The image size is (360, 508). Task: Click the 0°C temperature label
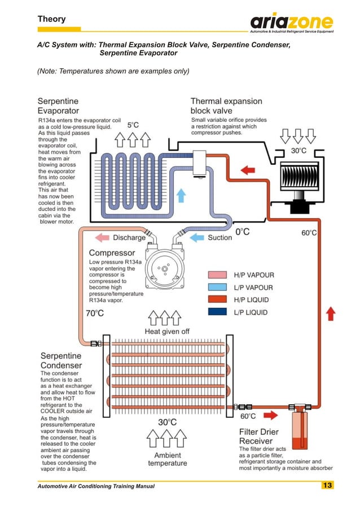tap(242, 231)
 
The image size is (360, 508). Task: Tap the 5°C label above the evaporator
tap(133, 125)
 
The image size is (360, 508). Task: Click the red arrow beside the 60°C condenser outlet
tap(270, 416)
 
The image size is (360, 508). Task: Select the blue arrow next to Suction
tap(196, 237)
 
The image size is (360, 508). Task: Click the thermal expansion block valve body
tap(200, 164)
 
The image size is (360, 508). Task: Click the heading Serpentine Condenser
tap(61, 361)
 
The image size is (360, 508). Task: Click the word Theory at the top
tap(51, 19)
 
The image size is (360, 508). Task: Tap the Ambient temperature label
tap(167, 459)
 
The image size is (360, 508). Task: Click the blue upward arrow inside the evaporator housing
tap(181, 195)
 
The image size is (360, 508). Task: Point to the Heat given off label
tap(167, 331)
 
